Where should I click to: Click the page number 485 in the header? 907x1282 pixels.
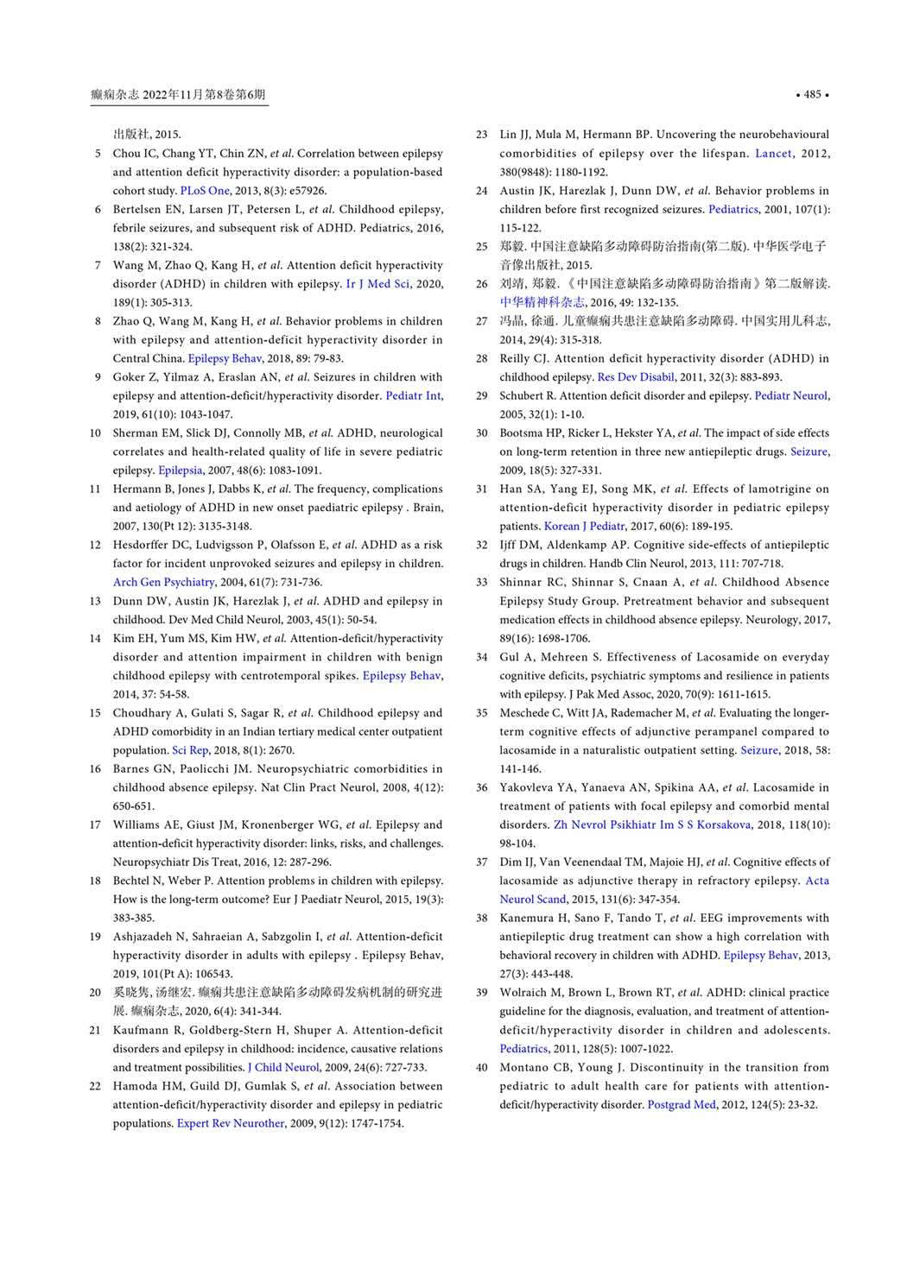click(x=812, y=94)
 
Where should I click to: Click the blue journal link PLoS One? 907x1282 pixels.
click(x=205, y=191)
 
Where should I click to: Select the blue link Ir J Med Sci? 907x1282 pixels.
click(x=377, y=284)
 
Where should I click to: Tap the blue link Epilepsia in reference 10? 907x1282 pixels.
click(x=180, y=470)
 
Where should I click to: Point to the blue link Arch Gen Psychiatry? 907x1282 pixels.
click(x=163, y=582)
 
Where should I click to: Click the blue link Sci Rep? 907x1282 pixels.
click(x=190, y=750)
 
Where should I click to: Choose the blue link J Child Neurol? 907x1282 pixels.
click(x=283, y=1067)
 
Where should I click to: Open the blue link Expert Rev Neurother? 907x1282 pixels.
click(x=231, y=1123)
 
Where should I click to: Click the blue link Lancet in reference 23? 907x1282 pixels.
click(x=773, y=154)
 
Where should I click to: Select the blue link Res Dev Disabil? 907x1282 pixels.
click(x=635, y=377)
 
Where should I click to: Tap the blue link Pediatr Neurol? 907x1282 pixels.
click(x=790, y=395)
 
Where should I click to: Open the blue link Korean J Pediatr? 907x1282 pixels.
click(x=584, y=526)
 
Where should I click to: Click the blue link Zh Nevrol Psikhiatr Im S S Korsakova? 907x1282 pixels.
click(x=651, y=824)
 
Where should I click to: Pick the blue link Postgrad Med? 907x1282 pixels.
click(x=682, y=1104)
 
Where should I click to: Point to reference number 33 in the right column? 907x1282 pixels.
click(x=481, y=582)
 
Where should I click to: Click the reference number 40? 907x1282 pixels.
click(x=481, y=1067)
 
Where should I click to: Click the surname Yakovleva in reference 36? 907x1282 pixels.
click(x=528, y=787)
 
